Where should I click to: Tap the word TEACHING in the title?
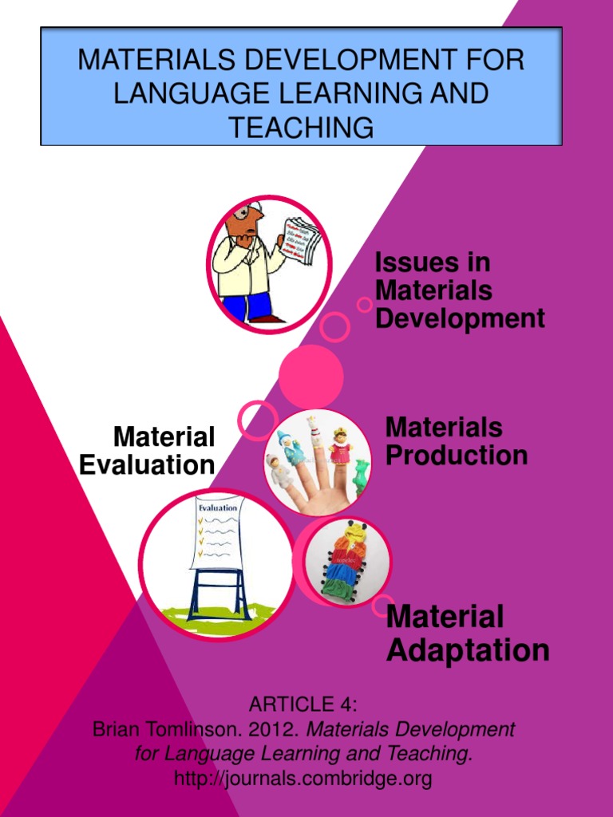pos(301,127)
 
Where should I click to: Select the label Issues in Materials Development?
pos(460,290)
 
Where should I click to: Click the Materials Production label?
pos(456,441)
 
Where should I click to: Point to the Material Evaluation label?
pos(148,451)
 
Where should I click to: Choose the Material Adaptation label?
pos(468,633)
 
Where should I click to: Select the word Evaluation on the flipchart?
pos(217,507)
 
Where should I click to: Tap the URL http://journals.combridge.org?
pos(303,778)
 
